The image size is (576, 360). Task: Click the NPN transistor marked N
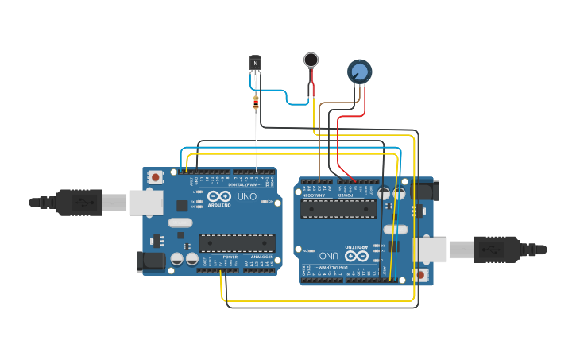(255, 62)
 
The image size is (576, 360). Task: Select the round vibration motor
(311, 59)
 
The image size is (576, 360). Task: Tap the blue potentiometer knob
(359, 72)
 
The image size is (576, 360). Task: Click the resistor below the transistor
(255, 103)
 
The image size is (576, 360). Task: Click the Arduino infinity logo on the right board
(357, 255)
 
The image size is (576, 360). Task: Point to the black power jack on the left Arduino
(150, 261)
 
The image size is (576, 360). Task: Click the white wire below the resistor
(256, 139)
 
